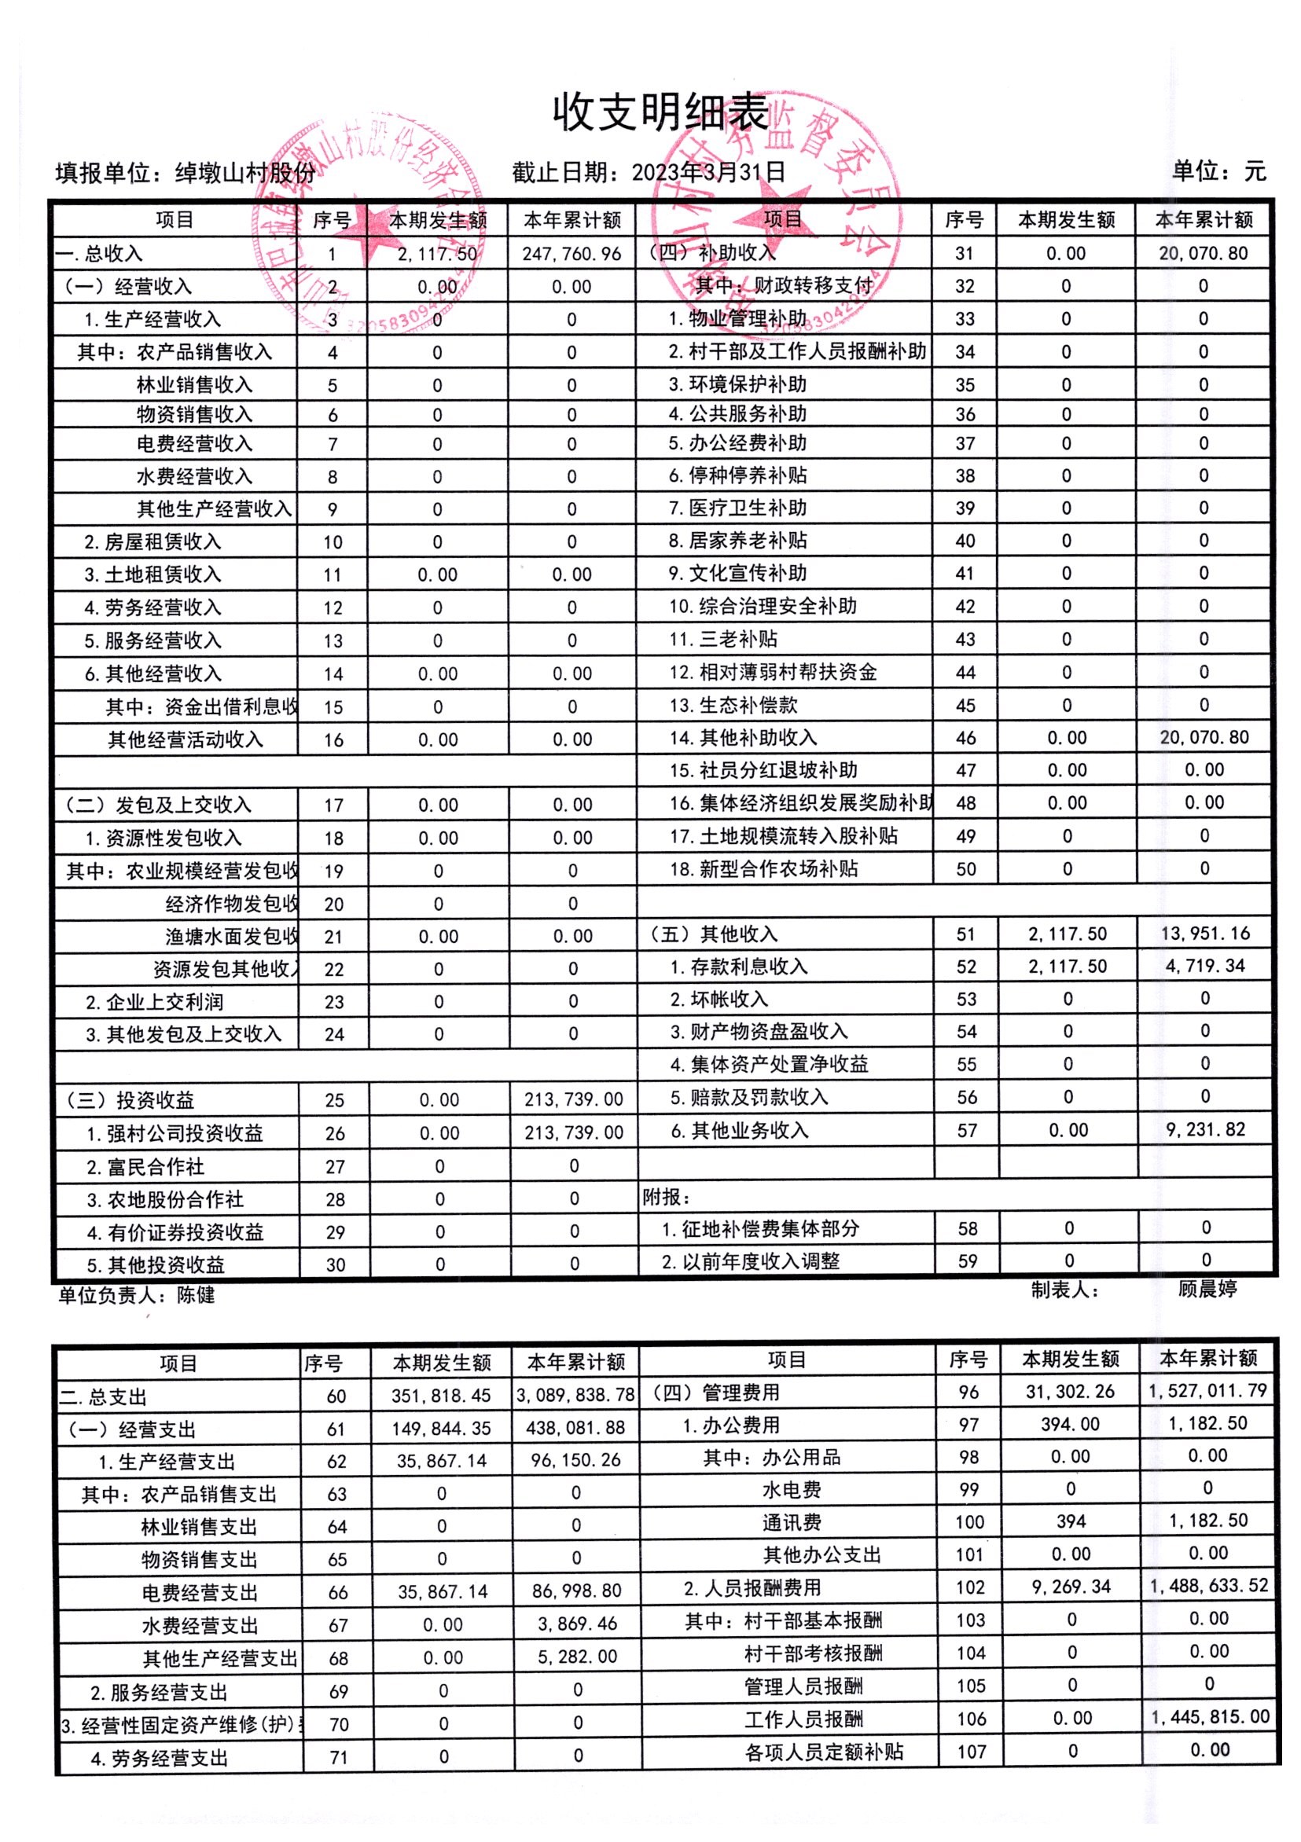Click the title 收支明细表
pos(660,112)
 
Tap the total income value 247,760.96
pos(571,255)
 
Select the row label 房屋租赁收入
pos(162,542)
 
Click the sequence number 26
pos(335,1134)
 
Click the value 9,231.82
pos(1206,1129)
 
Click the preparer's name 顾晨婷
pos(1207,1289)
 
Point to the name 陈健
pos(196,1295)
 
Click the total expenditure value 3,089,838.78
pos(575,1395)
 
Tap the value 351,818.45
pos(441,1396)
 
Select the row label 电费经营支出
pos(199,1592)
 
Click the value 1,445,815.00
pos(1211,1717)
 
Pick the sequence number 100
pos(969,1522)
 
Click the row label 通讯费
pos(792,1523)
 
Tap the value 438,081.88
pos(575,1428)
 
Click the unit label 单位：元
pos(1218,171)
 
